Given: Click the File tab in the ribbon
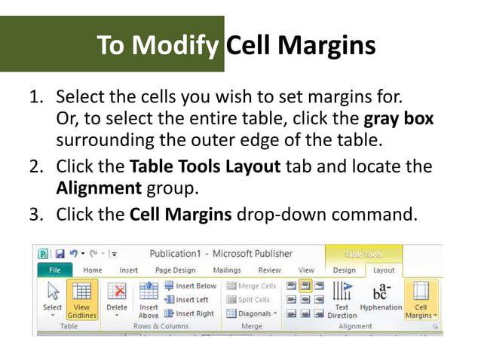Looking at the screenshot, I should [x=55, y=270].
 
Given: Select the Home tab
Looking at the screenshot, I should [x=93, y=270].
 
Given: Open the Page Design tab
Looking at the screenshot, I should [x=174, y=270].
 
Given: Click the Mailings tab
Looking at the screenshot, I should [x=227, y=270].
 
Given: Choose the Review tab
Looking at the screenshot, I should [x=269, y=270].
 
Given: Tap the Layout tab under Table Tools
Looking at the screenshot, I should [x=384, y=270].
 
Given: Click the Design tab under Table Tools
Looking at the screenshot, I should [x=345, y=270].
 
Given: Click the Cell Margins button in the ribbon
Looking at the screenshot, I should [x=421, y=301].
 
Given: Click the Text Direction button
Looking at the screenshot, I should [x=342, y=301].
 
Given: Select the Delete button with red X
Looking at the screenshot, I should [x=117, y=301].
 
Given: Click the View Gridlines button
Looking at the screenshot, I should [x=82, y=301].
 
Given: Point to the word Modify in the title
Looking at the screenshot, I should [x=175, y=46].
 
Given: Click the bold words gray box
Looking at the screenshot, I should [x=398, y=120].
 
